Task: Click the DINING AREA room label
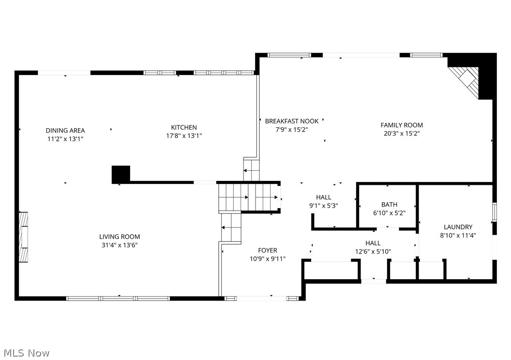[65, 130]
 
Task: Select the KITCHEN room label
[183, 127]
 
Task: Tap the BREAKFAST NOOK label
[291, 121]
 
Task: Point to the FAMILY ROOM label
[402, 125]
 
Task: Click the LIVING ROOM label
[120, 237]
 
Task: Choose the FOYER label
[268, 250]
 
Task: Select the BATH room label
[389, 205]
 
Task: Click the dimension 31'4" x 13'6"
[120, 245]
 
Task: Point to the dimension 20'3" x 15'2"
[402, 133]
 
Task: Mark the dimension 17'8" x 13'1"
[183, 136]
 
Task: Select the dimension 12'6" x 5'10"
[373, 251]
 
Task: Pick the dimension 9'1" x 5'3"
[323, 205]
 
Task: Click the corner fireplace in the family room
[466, 77]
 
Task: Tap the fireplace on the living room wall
[23, 237]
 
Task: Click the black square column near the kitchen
[121, 174]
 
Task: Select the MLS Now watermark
[25, 353]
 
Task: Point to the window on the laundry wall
[494, 212]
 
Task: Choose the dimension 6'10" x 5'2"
[389, 213]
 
